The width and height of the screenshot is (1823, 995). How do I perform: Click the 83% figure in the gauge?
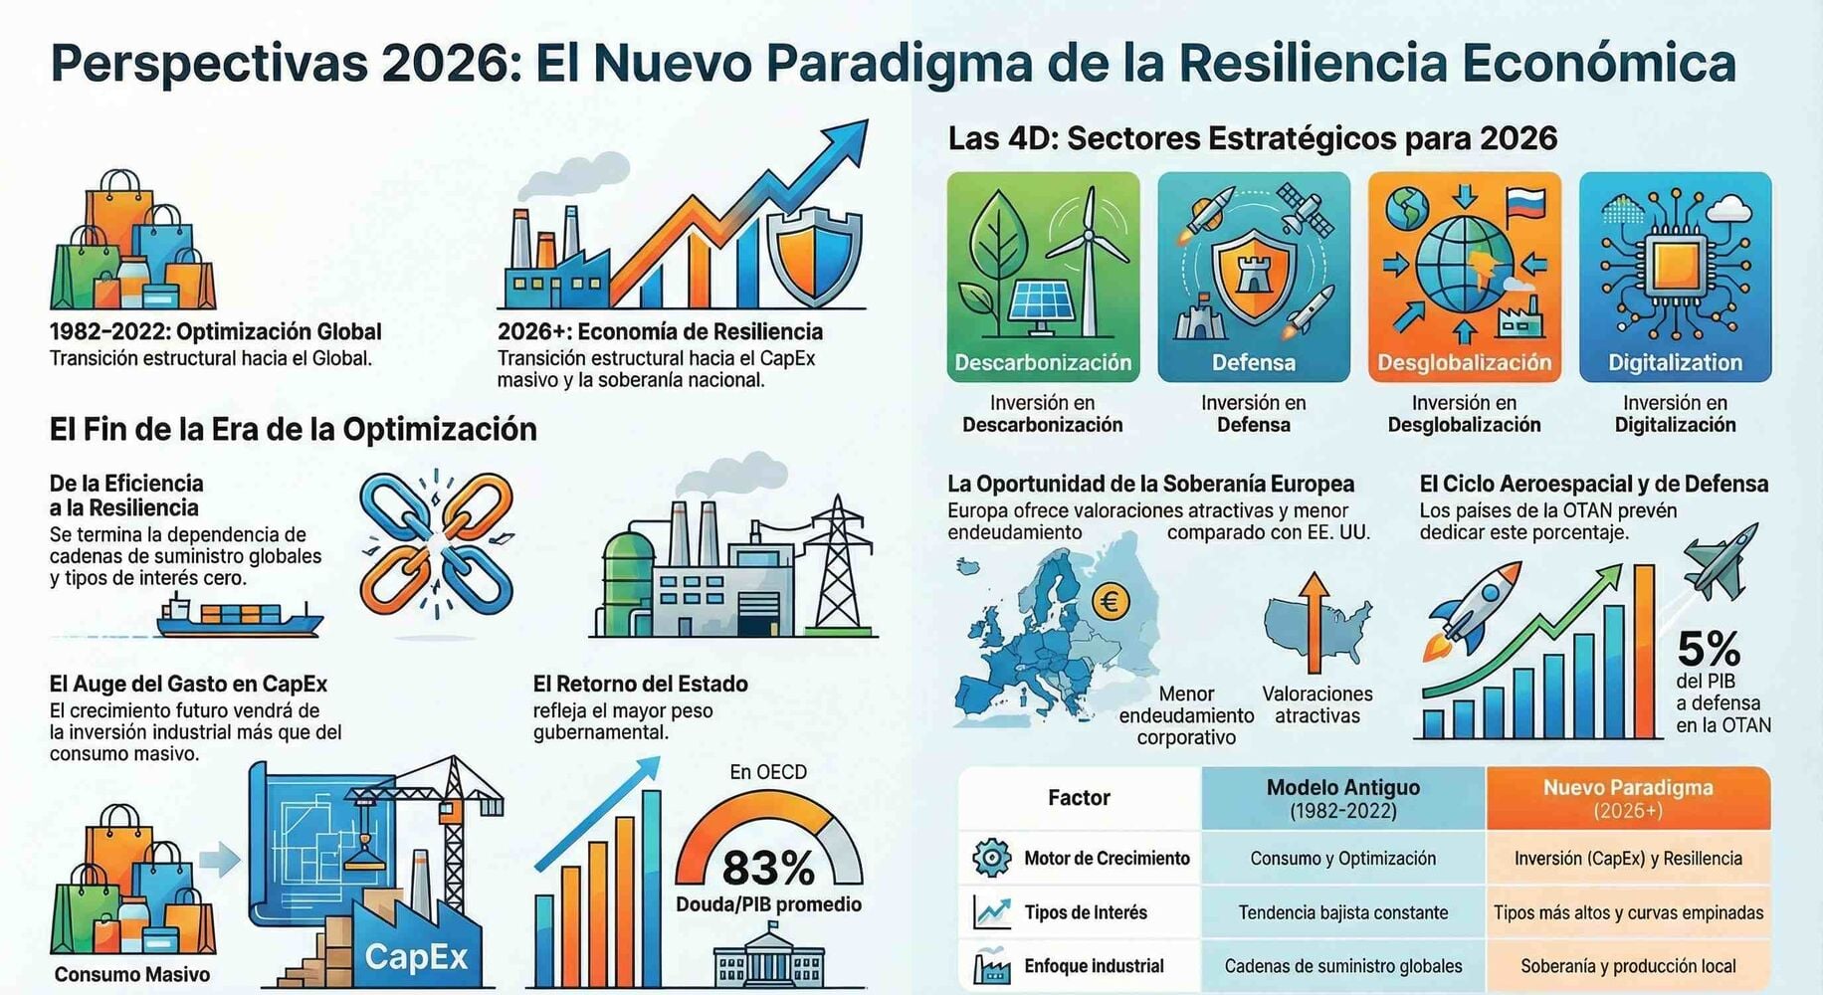pyautogui.click(x=767, y=868)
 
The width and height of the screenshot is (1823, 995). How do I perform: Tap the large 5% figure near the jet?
pyautogui.click(x=1709, y=649)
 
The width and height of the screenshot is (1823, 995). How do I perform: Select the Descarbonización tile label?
pyautogui.click(x=1043, y=363)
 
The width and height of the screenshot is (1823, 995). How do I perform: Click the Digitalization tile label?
pyautogui.click(x=1676, y=363)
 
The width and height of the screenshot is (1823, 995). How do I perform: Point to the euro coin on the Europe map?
pyautogui.click(x=1111, y=601)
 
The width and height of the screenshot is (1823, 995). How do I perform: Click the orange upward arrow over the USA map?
pyautogui.click(x=1315, y=622)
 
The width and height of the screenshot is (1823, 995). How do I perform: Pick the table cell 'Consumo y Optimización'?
pyautogui.click(x=1343, y=859)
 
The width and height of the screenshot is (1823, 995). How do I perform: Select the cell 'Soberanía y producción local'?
pyautogui.click(x=1628, y=966)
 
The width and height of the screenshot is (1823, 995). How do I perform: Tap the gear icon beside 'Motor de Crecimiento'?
pyautogui.click(x=991, y=858)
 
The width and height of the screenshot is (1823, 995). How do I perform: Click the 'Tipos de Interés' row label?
pyautogui.click(x=1086, y=912)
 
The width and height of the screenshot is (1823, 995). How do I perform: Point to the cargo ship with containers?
pyautogui.click(x=239, y=616)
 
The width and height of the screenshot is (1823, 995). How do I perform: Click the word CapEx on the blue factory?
pyautogui.click(x=416, y=957)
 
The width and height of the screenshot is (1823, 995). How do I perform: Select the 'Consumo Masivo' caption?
pyautogui.click(x=131, y=975)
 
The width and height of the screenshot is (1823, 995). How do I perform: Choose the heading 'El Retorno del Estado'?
pyautogui.click(x=640, y=685)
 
